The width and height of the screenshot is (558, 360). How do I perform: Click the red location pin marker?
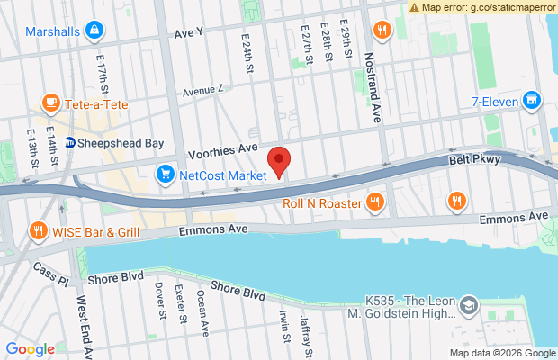280,161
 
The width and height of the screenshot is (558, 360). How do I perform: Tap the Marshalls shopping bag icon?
94,31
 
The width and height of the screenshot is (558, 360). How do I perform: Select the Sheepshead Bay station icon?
69,143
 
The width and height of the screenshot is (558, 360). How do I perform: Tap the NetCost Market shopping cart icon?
166,175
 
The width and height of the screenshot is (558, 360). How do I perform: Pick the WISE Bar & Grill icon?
38,229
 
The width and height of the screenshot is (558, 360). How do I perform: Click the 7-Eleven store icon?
531,101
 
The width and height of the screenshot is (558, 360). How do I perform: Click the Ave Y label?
189,34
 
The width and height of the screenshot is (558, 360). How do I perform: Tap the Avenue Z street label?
202,91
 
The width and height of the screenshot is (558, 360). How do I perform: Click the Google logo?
30,349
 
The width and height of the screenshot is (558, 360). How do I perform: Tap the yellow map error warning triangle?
414,6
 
